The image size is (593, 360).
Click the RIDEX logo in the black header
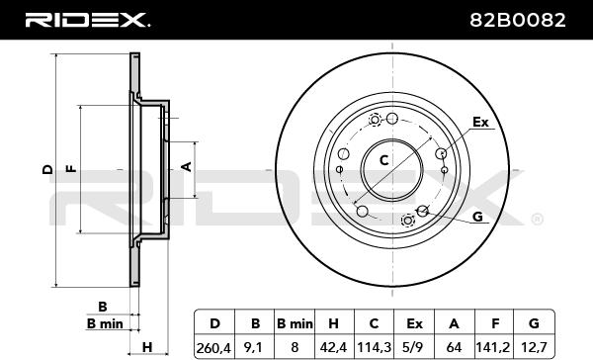coord(88,20)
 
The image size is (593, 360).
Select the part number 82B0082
coord(518,20)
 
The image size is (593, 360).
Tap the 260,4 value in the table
coord(213,347)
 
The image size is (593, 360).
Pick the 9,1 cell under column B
coord(254,347)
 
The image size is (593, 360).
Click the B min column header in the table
coord(295,323)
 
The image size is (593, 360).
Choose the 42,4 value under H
coord(334,347)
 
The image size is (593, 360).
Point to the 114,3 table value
coord(374,347)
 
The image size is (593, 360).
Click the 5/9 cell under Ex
coord(414,347)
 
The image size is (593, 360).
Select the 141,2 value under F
coord(493,347)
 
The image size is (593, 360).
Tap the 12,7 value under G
coord(534,347)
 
